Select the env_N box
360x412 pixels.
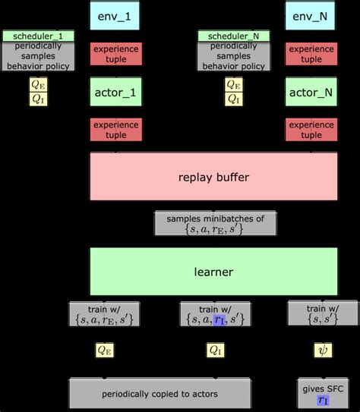311,16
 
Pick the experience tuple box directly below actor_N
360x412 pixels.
311,130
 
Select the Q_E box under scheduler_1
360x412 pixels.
37,84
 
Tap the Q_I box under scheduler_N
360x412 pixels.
234,98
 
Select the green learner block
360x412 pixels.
213,271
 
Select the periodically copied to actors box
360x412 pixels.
159,394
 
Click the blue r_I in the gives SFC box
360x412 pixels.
323,400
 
